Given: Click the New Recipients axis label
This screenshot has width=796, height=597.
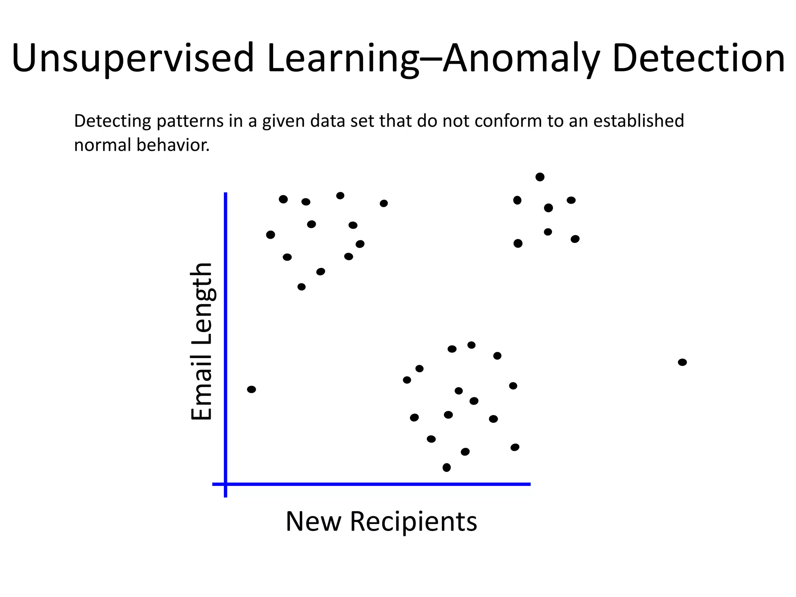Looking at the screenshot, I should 381,521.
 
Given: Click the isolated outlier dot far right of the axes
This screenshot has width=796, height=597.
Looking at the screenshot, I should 682,362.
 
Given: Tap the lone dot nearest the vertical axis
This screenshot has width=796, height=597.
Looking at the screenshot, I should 251,389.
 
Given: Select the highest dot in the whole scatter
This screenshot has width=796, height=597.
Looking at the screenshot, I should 540,177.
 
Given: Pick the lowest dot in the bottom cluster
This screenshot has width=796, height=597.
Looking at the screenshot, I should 447,467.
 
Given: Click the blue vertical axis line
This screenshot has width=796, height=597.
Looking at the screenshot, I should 225,342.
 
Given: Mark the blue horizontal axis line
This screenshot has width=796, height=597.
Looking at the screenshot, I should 373,484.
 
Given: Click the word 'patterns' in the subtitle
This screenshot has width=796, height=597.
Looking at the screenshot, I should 190,121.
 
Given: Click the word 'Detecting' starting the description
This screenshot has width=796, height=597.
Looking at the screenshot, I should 113,121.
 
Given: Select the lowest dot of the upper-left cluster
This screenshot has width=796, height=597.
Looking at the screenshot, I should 301,287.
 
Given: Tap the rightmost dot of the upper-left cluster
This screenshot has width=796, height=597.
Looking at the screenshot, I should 384,203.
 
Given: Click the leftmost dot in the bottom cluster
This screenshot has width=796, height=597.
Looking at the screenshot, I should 407,380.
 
